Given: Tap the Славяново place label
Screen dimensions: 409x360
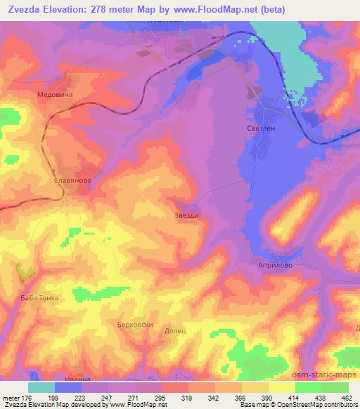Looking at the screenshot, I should point(72,180).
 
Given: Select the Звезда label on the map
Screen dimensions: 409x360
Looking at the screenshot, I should point(186,215).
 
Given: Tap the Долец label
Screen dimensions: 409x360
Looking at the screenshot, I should point(175,330).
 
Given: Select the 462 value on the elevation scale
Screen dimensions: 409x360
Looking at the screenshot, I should point(347,397).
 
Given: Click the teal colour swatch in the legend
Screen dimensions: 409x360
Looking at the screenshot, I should point(41,387).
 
